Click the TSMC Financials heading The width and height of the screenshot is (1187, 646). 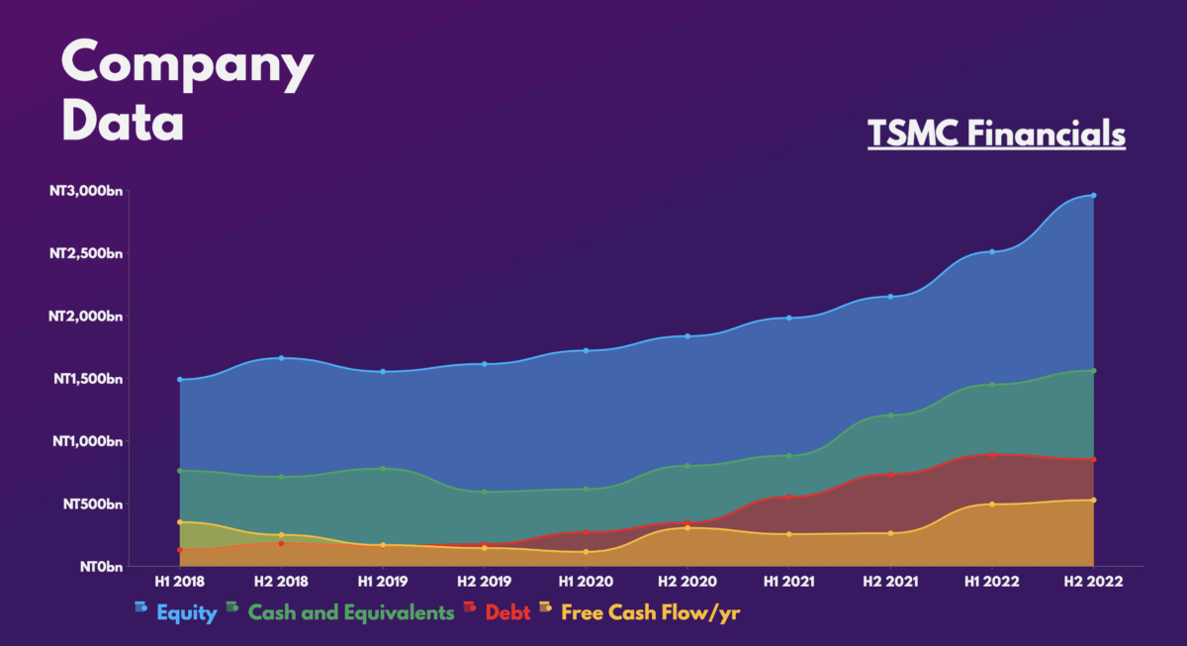(996, 134)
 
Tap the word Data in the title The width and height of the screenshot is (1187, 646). (123, 122)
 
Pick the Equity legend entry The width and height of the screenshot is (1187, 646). (186, 613)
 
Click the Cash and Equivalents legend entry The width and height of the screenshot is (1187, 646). (350, 613)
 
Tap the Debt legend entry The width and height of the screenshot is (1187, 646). (507, 613)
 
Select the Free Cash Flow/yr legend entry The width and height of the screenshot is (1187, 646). (650, 613)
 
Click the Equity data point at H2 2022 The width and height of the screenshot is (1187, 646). (1093, 195)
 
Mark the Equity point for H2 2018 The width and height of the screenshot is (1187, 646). (281, 358)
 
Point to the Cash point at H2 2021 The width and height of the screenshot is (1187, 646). (890, 415)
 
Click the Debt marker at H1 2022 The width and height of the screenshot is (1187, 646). (992, 455)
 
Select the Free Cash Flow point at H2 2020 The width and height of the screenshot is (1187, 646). (686, 528)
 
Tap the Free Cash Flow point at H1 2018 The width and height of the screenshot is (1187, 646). (179, 521)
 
